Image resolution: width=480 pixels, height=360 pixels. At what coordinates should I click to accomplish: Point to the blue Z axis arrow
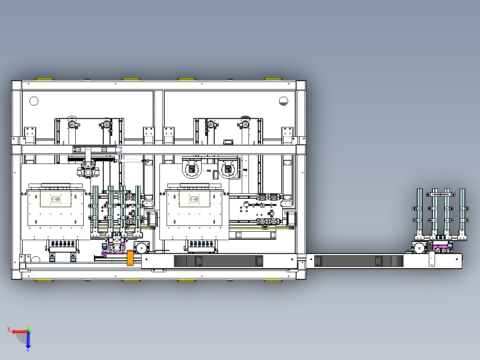pyautogui.click(x=28, y=340)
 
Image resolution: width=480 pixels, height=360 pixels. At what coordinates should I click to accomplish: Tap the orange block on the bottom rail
pyautogui.click(x=130, y=258)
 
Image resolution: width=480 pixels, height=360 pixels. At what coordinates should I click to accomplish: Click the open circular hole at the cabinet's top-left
pyautogui.click(x=34, y=101)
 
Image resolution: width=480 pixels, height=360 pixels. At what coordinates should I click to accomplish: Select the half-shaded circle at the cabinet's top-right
pyautogui.click(x=284, y=101)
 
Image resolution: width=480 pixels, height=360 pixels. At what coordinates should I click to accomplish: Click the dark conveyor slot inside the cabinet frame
pyautogui.click(x=218, y=261)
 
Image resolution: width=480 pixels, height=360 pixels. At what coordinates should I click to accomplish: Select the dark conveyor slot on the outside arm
pyautogui.click(x=359, y=261)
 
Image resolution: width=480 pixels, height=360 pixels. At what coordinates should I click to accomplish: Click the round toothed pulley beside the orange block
pyautogui.click(x=142, y=248)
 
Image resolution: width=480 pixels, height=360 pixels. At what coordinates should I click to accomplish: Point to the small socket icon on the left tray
pyautogui.click(x=55, y=200)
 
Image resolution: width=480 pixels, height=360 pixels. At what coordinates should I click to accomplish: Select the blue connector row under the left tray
pyautogui.click(x=63, y=244)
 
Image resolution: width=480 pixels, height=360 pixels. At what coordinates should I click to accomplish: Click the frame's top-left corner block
pyautogui.click(x=16, y=86)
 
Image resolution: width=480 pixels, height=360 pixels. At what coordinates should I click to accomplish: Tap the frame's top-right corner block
pyautogui.click(x=301, y=86)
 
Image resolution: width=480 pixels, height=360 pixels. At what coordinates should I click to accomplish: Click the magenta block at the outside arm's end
pyautogui.click(x=441, y=247)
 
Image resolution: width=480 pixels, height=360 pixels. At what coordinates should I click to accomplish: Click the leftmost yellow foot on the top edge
pyautogui.click(x=45, y=79)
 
